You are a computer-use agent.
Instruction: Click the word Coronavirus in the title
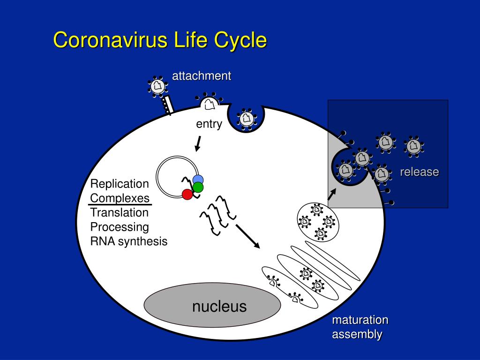(x=110, y=40)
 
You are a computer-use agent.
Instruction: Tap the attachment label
(x=202, y=76)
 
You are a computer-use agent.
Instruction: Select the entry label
(x=209, y=124)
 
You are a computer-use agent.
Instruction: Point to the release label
(x=419, y=172)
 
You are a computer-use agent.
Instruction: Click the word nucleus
(x=219, y=306)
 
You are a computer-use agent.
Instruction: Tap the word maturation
(x=360, y=320)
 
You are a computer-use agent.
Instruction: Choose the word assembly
(x=357, y=335)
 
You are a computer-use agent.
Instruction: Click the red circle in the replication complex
(x=187, y=194)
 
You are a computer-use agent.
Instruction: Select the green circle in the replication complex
(x=198, y=187)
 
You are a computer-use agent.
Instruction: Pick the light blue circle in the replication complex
(x=198, y=180)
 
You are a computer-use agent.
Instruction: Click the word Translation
(x=120, y=212)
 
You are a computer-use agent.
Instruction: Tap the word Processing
(x=120, y=227)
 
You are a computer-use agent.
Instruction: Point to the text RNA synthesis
(x=129, y=241)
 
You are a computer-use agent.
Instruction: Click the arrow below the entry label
(x=198, y=144)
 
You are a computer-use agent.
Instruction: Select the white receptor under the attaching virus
(x=167, y=105)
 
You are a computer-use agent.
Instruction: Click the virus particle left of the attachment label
(x=157, y=86)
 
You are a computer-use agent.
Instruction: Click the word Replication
(x=120, y=183)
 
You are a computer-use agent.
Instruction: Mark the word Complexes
(x=120, y=198)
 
